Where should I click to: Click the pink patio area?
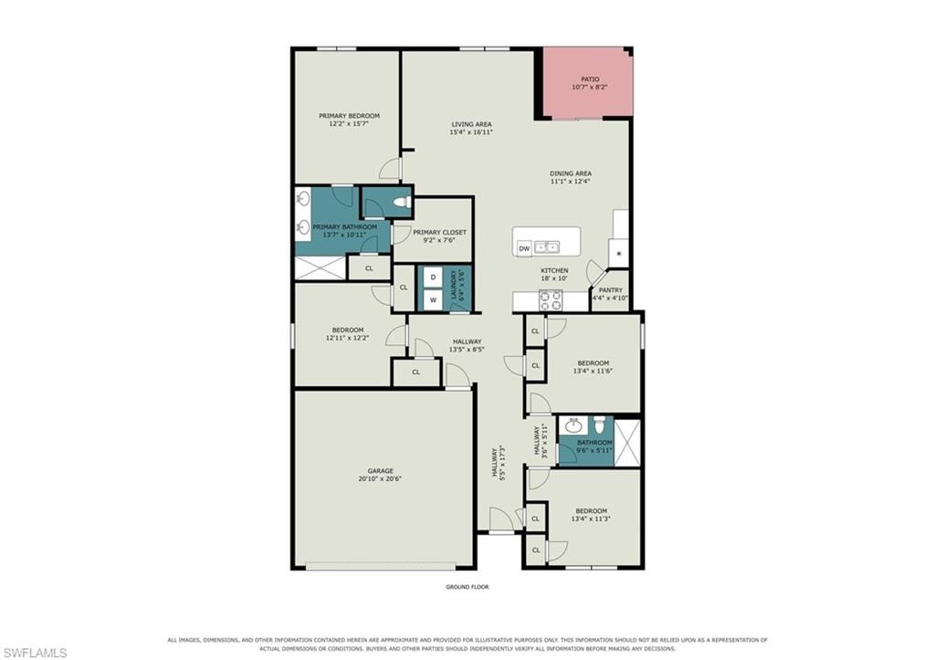587,83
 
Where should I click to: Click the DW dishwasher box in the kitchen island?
524,248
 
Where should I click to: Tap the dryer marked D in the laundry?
434,278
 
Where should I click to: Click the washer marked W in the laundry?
434,300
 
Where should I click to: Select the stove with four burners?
551,300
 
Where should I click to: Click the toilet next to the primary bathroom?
403,202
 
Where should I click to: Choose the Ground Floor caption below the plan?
467,587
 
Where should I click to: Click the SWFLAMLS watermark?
35,653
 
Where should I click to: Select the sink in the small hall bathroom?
573,425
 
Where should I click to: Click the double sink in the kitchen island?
546,246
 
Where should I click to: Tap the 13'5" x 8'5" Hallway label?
467,346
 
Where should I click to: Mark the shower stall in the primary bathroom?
320,267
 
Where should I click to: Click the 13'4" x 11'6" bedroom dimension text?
593,371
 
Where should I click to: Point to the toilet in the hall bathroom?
600,424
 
